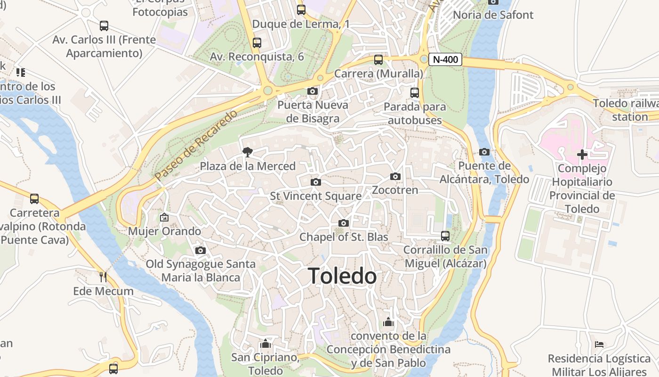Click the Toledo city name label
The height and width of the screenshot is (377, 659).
pos(342,276)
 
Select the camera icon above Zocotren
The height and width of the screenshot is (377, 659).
pos(395,177)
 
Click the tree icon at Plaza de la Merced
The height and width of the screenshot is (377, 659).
pos(247,152)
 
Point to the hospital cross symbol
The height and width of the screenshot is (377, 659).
pos(582,155)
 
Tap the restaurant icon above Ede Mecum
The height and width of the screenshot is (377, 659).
pos(103,277)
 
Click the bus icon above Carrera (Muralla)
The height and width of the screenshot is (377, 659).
pos(378,60)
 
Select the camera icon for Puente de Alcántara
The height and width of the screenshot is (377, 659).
pos(484,152)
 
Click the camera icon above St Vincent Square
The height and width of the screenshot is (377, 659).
pos(316,182)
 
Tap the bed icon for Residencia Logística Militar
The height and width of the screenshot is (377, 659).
pos(599,344)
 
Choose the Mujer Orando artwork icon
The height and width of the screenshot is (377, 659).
pos(164,217)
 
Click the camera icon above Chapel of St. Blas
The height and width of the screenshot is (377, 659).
pos(344,223)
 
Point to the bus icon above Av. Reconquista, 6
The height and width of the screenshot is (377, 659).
pos(257,43)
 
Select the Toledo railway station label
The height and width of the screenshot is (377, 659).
pos(626,110)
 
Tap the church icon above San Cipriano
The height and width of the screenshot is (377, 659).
pos(265,344)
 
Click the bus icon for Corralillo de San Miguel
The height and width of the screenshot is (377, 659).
pos(445,236)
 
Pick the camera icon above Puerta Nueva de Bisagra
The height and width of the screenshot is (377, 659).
pos(313,91)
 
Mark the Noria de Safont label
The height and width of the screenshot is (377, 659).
pos(493,15)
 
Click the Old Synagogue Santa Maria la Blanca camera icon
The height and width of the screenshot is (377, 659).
pos(201,250)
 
